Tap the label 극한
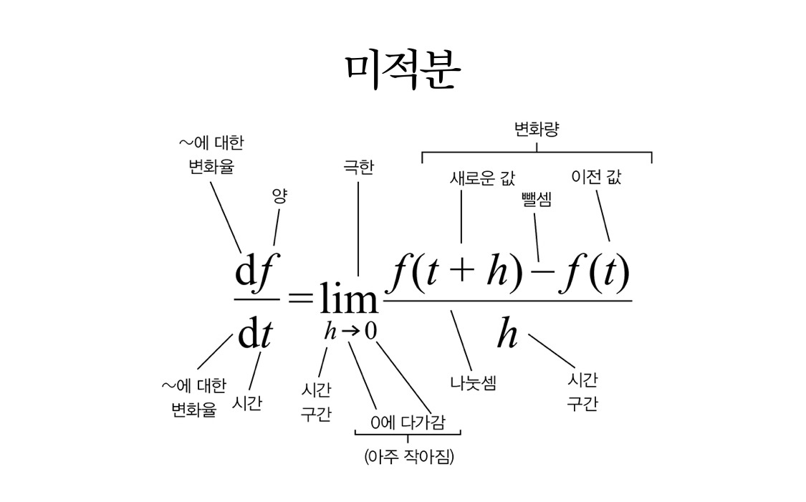pos(358,168)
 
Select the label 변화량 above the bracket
pos(537,130)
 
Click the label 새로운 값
pos(482,178)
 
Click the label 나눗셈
pos(474,382)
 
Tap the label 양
pos(279,195)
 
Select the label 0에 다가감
pos(408,423)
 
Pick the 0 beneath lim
pos(370,331)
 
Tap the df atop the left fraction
pos(253,273)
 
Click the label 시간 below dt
pos(247,403)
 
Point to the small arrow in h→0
pos(350,332)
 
